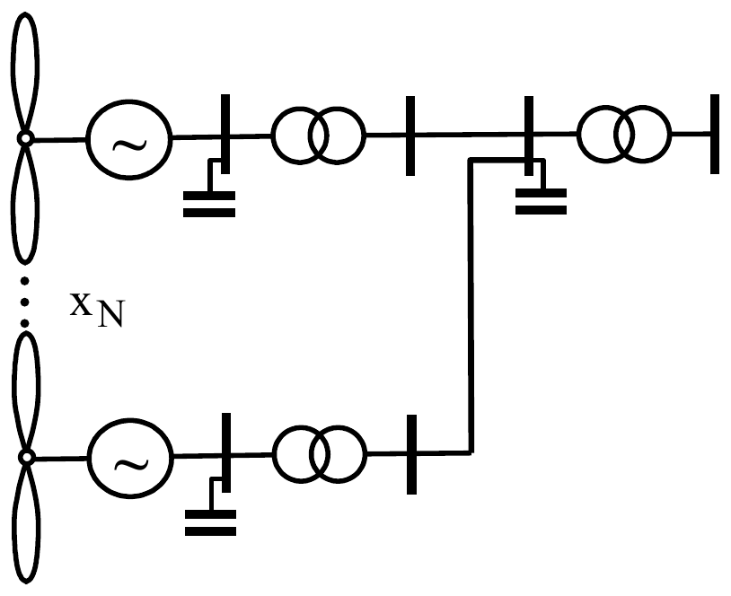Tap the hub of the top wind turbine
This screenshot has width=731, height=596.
point(25,138)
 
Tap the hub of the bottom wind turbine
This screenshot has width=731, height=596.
point(27,458)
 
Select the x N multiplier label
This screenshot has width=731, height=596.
point(97,310)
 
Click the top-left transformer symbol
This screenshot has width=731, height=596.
point(319,136)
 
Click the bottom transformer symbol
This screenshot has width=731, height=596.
point(320,454)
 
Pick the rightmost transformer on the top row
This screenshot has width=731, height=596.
point(624,135)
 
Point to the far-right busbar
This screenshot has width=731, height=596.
point(715,134)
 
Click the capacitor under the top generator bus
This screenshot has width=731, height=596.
point(209,204)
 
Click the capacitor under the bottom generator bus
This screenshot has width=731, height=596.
point(211,522)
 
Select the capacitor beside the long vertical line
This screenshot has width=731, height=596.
point(541,201)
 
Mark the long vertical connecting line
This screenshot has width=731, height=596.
point(471,306)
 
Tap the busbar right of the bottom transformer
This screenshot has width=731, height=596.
point(411,454)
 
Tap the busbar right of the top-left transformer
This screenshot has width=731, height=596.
point(410,136)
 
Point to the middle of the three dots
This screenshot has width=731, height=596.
point(25,302)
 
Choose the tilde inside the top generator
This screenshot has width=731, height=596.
point(129,145)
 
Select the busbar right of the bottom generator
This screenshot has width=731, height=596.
point(226,452)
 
